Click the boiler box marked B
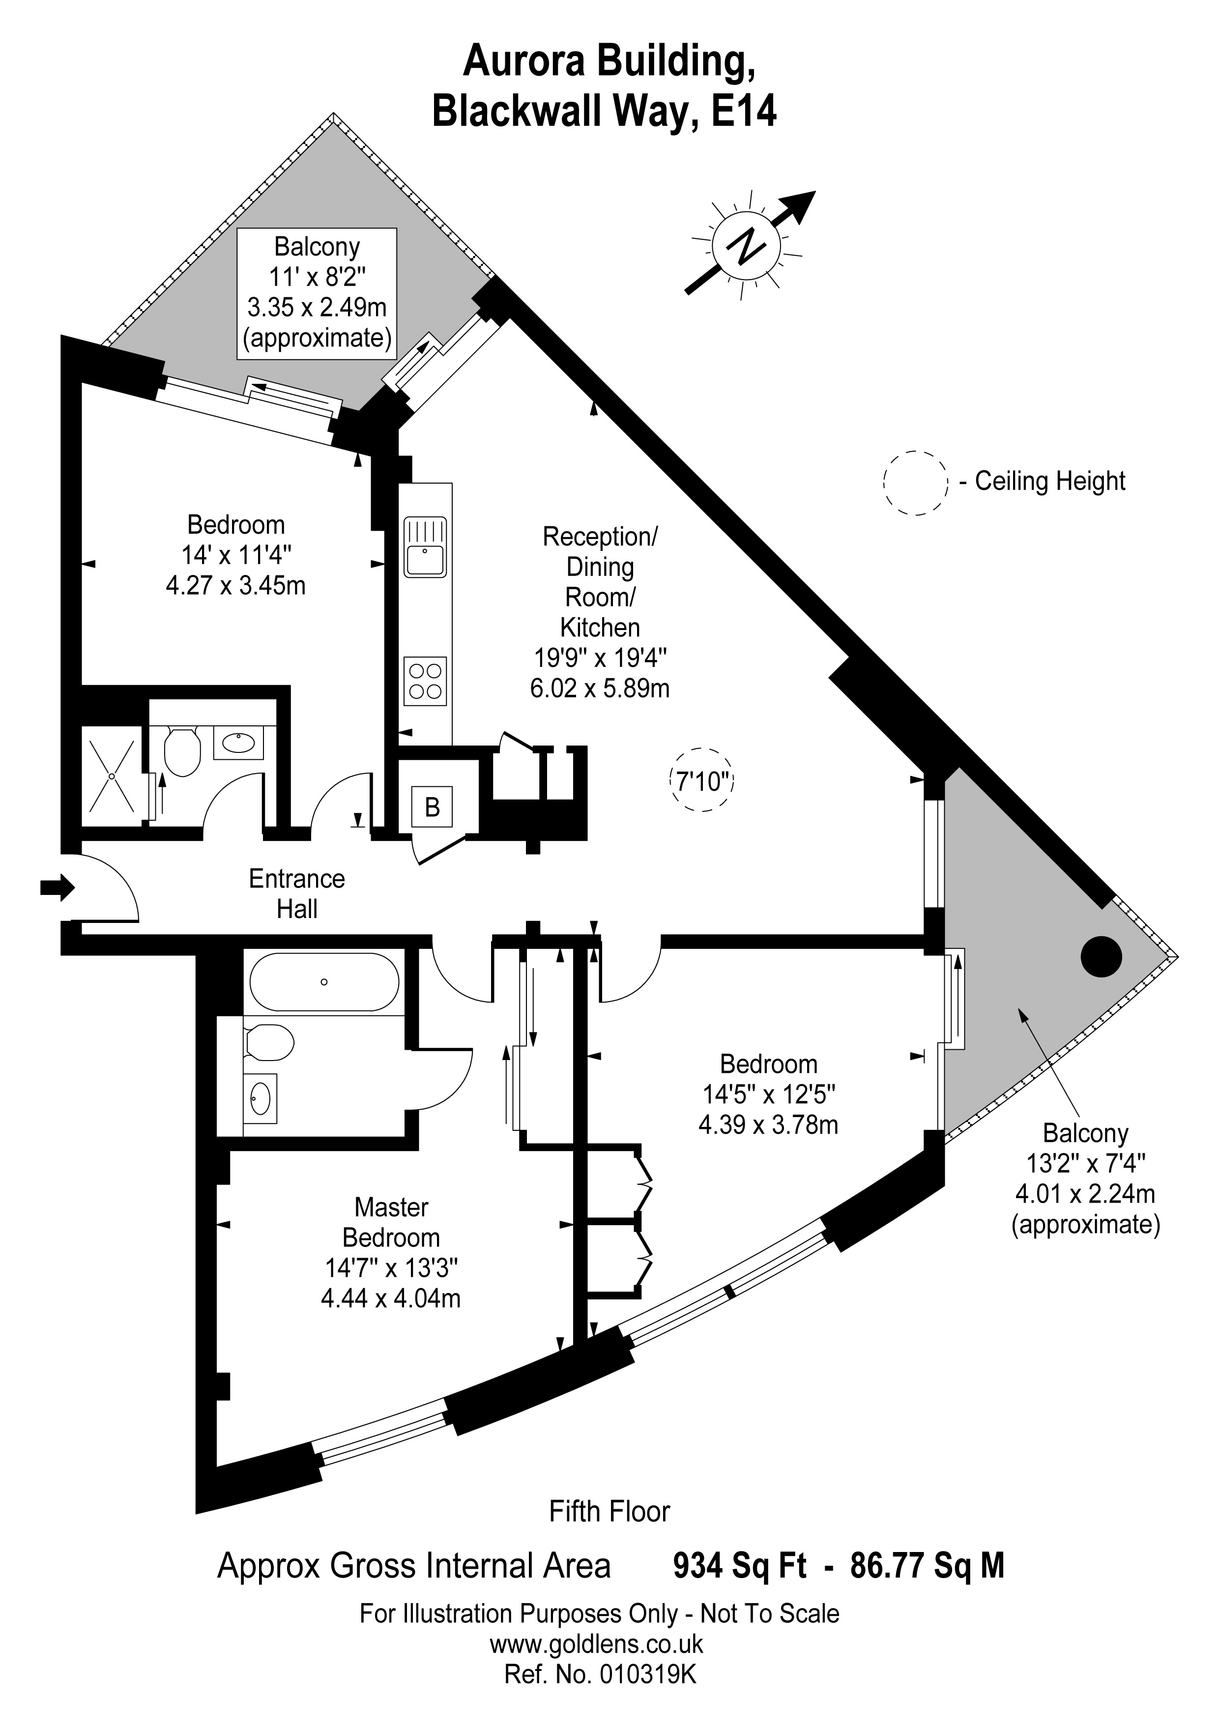(x=432, y=807)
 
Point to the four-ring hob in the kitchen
(x=425, y=681)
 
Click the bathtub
(x=324, y=982)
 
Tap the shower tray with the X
(x=111, y=776)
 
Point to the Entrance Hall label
(x=297, y=893)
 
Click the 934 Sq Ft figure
(x=740, y=1566)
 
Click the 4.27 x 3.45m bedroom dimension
(x=236, y=585)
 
